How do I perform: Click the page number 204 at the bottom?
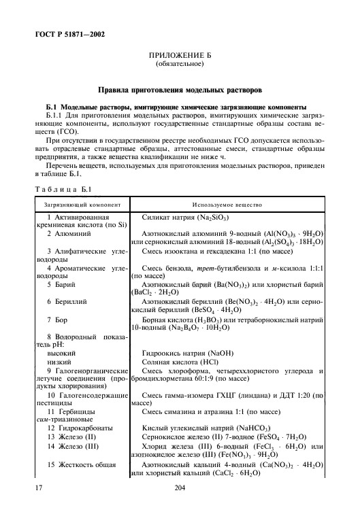(180, 487)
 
